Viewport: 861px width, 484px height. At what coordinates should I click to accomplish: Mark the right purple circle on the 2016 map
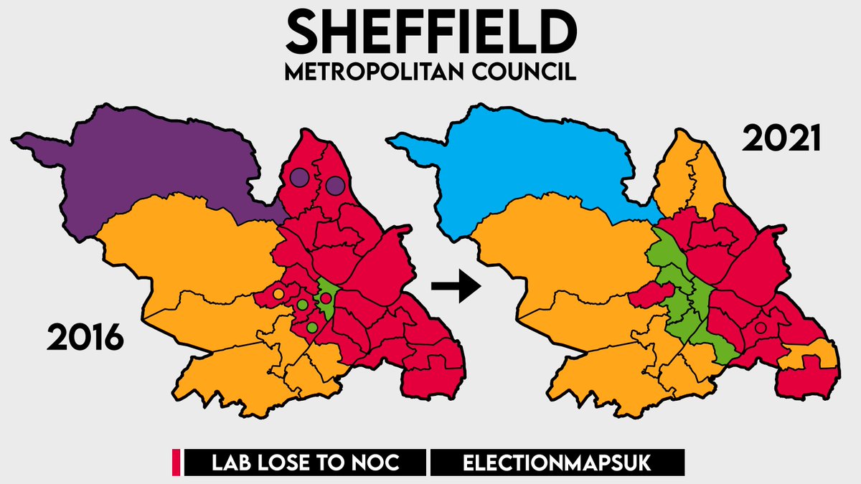tap(334, 186)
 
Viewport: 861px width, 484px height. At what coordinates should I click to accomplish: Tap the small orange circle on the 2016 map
tap(278, 293)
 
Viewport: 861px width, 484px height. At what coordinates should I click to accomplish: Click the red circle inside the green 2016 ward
tap(325, 298)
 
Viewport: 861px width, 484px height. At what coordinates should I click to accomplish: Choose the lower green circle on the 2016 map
tap(311, 328)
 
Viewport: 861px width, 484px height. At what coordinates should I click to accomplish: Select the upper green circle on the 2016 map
tap(303, 305)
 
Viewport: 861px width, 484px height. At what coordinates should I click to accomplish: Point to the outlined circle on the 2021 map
tap(761, 328)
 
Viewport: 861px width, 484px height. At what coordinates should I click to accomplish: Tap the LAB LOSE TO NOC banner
tap(306, 462)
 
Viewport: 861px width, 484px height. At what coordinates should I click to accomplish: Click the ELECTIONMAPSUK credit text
tap(557, 462)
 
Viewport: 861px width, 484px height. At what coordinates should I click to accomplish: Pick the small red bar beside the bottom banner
tap(175, 462)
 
